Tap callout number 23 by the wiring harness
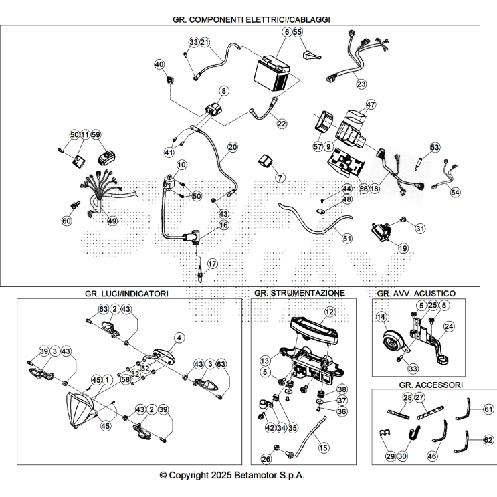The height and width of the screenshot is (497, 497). pyautogui.click(x=361, y=84)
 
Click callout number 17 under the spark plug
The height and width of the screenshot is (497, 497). pyautogui.click(x=212, y=264)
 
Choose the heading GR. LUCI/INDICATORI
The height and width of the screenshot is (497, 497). pyautogui.click(x=126, y=293)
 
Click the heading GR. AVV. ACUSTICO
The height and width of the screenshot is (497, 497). pyautogui.click(x=416, y=293)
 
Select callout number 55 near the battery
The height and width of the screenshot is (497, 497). pyautogui.click(x=298, y=32)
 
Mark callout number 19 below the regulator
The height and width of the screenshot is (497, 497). pyautogui.click(x=403, y=248)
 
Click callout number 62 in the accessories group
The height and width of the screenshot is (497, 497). pyautogui.click(x=488, y=441)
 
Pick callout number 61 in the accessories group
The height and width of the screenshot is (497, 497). pyautogui.click(x=488, y=409)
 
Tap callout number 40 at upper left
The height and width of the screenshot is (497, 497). pyautogui.click(x=159, y=64)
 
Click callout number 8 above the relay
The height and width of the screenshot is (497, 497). pyautogui.click(x=224, y=90)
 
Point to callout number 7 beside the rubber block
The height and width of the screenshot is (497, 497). pyautogui.click(x=280, y=178)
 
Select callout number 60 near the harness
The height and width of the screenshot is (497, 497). pyautogui.click(x=66, y=221)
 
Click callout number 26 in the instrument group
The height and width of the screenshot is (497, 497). pyautogui.click(x=266, y=459)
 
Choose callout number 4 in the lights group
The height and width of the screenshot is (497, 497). pyautogui.click(x=179, y=338)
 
